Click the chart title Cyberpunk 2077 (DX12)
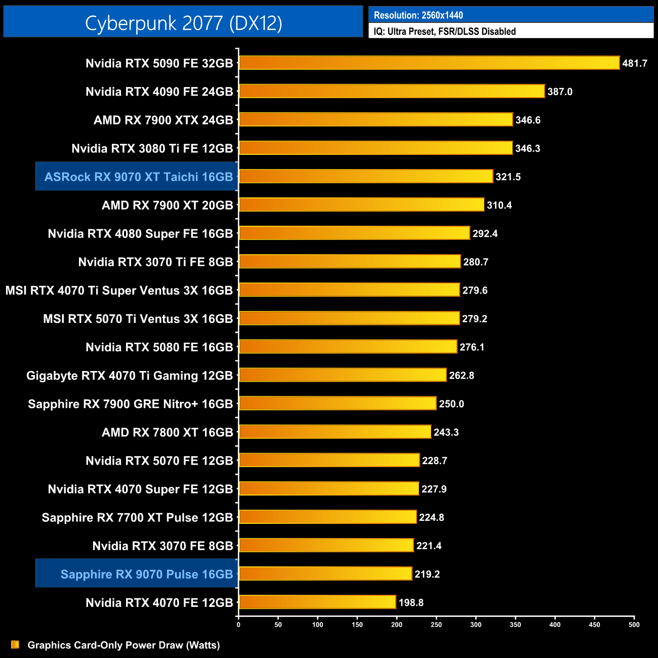[x=183, y=23]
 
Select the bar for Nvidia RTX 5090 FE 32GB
[x=429, y=63]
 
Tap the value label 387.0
[x=560, y=92]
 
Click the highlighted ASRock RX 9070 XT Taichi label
[x=138, y=177]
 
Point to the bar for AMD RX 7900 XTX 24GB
[x=376, y=119]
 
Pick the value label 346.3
[x=527, y=148]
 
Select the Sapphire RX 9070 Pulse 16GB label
[x=147, y=574]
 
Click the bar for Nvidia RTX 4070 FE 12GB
[x=317, y=602]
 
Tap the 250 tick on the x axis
[x=436, y=625]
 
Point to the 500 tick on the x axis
[x=634, y=625]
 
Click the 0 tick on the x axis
[x=238, y=625]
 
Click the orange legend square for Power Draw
[x=15, y=644]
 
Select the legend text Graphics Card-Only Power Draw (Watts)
[x=124, y=645]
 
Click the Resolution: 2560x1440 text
[x=418, y=15]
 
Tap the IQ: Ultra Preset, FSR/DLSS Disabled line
[x=444, y=31]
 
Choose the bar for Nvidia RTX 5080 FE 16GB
[x=348, y=347]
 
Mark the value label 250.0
[x=451, y=404]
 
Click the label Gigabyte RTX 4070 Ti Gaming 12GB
[x=130, y=376]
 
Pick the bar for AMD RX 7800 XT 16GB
[x=335, y=432]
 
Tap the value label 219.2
[x=427, y=574]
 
